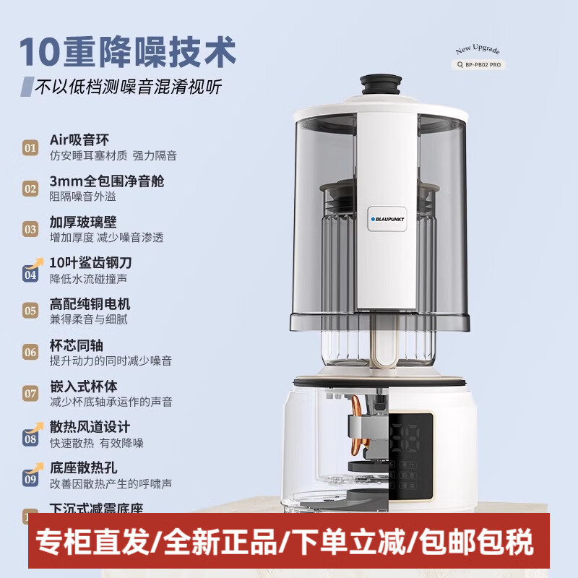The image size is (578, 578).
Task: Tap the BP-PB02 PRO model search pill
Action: [x=478, y=65]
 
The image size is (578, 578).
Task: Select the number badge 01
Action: [x=30, y=148]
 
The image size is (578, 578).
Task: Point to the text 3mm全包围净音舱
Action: [x=106, y=181]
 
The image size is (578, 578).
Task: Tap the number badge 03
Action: [x=30, y=230]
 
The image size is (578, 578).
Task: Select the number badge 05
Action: [x=30, y=311]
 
